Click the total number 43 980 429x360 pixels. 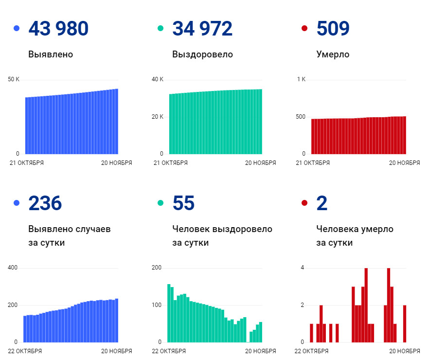pos(58,28)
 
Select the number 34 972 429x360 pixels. pos(202,28)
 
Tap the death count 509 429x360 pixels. pos(333,28)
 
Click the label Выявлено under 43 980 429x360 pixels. pos(51,54)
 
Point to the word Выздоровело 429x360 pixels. pos(202,54)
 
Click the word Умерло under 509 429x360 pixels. pos(333,54)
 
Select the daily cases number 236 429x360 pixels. pos(45,203)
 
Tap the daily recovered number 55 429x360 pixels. pos(183,203)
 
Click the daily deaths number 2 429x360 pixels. pos(322,203)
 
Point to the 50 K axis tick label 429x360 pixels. pos(14,79)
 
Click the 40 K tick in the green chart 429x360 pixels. pos(158,79)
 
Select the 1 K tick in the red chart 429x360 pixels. pos(301,79)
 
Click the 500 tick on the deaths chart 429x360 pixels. pos(301,117)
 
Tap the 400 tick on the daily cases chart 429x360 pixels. pos(13,268)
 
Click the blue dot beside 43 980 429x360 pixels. pos(17,28)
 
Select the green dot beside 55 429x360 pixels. pos(161,203)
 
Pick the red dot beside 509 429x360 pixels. pos(304,28)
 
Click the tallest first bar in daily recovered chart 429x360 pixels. pos(169,313)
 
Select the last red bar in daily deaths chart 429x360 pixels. pos(405,324)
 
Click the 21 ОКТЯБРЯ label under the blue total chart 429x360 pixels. pos(27,163)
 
